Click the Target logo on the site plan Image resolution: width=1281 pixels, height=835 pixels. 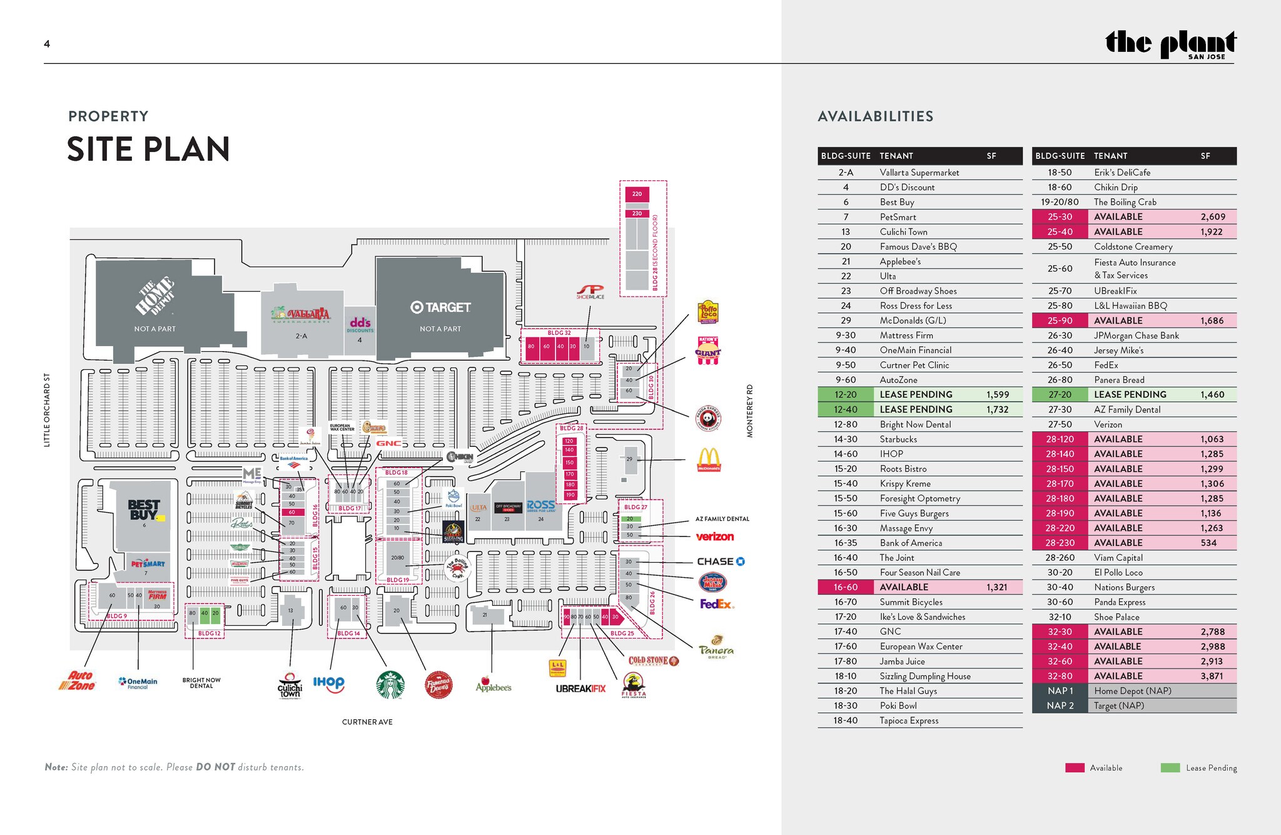point(440,307)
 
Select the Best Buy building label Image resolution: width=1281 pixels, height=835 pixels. point(144,510)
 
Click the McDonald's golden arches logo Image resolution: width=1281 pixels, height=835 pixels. point(709,459)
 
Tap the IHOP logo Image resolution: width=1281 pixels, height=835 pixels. point(328,682)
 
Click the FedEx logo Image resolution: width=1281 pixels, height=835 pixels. point(716,604)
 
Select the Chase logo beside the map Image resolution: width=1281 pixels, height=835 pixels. point(721,561)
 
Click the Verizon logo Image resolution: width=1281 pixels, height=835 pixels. point(714,536)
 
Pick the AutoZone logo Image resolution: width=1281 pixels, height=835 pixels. point(78,680)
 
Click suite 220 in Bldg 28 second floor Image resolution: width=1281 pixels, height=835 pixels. point(637,194)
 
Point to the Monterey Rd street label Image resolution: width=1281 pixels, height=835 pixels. point(749,411)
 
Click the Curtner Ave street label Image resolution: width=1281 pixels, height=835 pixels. point(367,722)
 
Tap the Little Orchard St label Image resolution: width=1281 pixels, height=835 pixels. point(47,410)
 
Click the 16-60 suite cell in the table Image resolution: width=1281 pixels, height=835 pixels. point(845,587)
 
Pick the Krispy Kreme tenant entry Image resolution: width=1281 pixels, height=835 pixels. point(905,484)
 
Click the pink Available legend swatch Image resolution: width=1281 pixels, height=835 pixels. point(1075,768)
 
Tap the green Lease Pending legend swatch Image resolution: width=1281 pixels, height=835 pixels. point(1170,768)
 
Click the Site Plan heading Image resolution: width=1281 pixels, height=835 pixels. point(148,150)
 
